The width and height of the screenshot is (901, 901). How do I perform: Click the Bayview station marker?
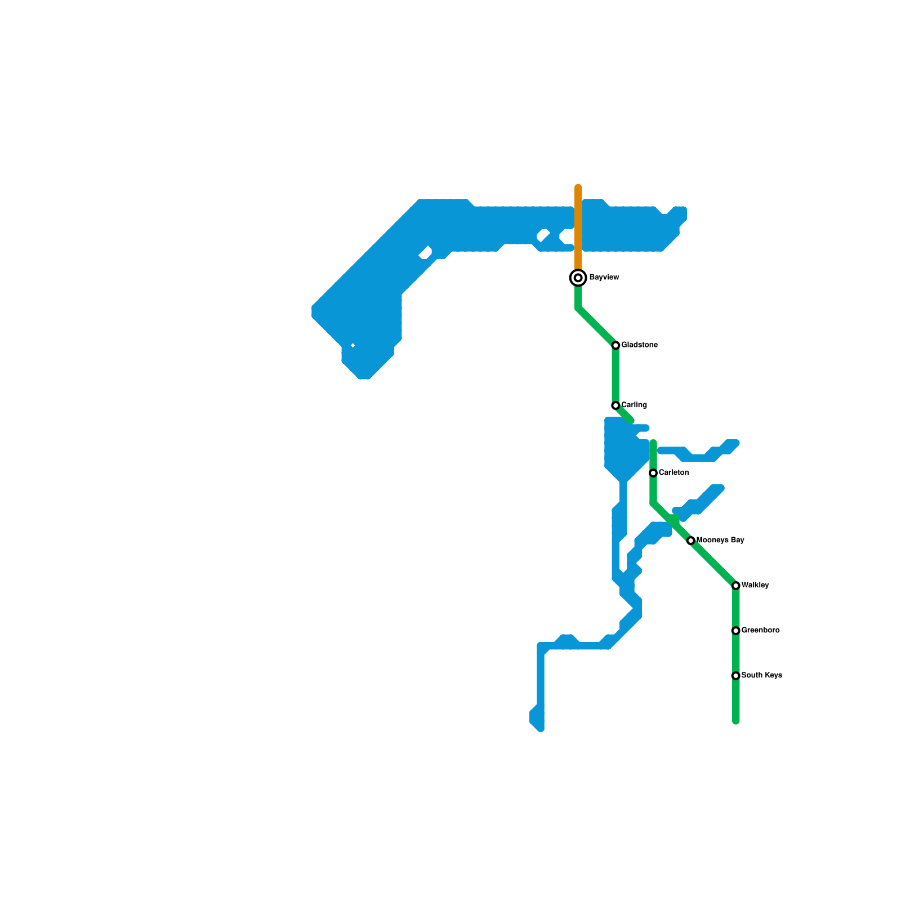point(578,278)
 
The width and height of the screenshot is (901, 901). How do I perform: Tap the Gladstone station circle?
point(615,345)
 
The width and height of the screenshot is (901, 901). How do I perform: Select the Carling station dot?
point(615,405)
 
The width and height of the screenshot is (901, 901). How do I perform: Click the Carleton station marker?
point(653,473)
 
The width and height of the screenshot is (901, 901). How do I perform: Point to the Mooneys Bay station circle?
point(691,541)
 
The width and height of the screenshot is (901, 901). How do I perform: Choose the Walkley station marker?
point(735,586)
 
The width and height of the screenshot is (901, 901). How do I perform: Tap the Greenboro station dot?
point(735,631)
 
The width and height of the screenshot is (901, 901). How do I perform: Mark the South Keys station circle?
point(735,676)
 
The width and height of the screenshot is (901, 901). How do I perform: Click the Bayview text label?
point(604,278)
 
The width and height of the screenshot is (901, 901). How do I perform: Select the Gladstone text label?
point(639,345)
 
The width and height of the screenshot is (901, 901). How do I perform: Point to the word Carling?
point(634,405)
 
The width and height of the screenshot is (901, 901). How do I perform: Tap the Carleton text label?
point(673,473)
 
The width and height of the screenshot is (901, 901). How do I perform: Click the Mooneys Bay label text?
point(720,541)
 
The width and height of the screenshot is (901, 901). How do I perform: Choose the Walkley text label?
point(755,586)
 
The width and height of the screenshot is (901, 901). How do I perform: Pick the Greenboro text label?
point(760,631)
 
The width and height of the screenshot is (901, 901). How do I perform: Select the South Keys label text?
point(761,676)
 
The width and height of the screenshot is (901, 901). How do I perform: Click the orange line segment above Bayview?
point(578,225)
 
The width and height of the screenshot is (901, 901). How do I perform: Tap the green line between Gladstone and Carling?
point(615,375)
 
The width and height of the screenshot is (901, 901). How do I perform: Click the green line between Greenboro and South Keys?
point(735,653)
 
